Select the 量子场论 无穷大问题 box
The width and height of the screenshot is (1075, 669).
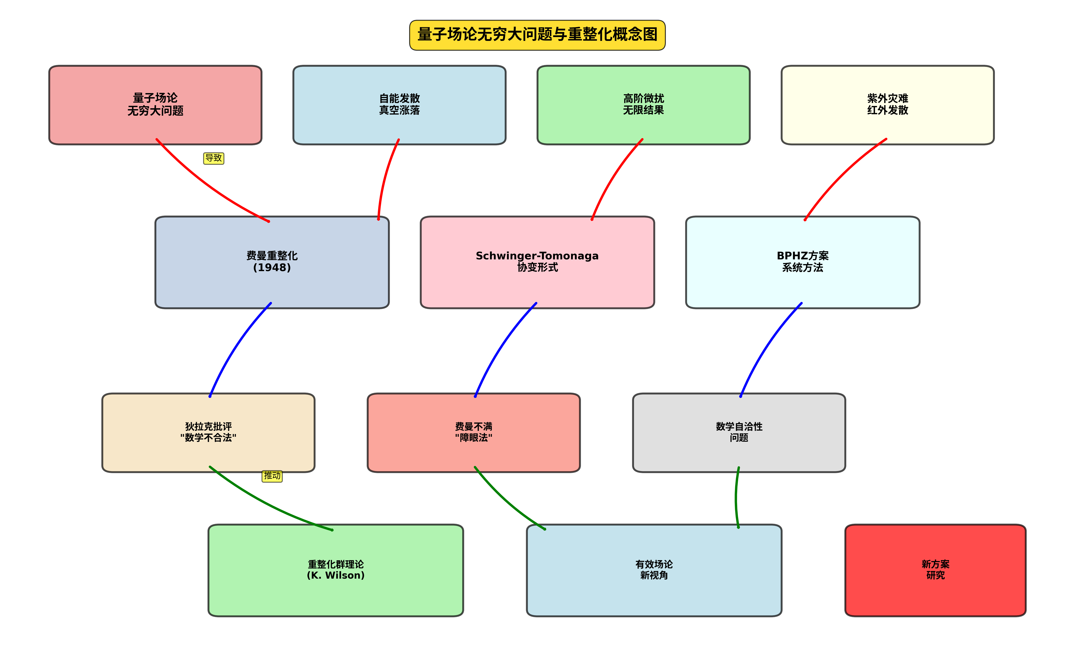pyautogui.click(x=155, y=105)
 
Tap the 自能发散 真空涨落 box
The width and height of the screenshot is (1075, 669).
pyautogui.click(x=399, y=105)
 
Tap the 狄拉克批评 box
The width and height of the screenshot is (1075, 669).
pyautogui.click(x=208, y=432)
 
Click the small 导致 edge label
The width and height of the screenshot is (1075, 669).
pyautogui.click(x=214, y=158)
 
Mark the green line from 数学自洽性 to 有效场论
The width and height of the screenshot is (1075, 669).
pyautogui.click(x=736, y=498)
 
